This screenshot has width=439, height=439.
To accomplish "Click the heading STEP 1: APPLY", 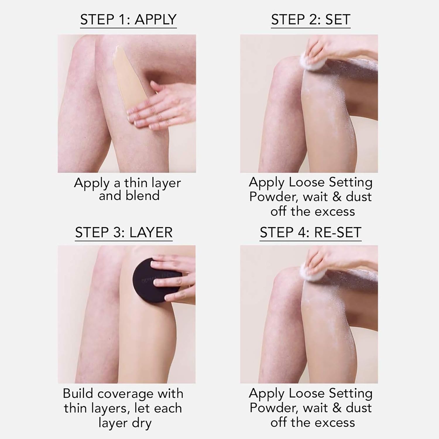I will tap(128, 20).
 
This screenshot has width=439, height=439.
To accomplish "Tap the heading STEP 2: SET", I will tap(311, 20).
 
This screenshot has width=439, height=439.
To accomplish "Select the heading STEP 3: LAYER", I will tap(124, 233).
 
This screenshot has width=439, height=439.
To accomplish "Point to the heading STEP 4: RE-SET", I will tap(311, 233).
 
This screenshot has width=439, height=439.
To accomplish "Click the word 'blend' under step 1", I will tap(129, 196).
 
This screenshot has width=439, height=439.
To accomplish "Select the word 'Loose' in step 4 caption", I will tap(306, 393).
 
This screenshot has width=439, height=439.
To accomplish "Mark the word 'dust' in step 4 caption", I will tap(359, 408).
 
